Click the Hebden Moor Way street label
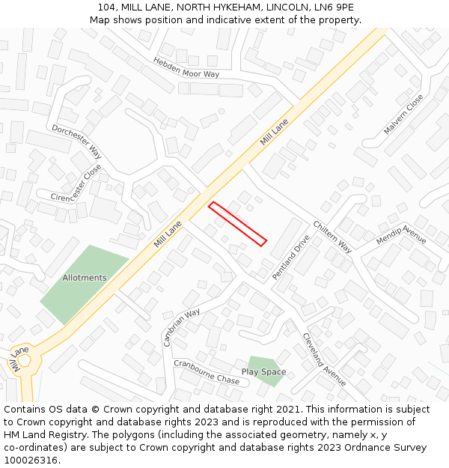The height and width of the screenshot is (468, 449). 186,67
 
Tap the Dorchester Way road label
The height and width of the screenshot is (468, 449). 77,141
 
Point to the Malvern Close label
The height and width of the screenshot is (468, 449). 403,114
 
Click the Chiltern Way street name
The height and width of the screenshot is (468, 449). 332,237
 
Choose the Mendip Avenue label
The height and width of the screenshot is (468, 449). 401,234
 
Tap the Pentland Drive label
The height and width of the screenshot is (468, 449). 291,258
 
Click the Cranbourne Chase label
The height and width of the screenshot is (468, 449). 207,371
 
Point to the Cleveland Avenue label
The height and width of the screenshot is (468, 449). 324,359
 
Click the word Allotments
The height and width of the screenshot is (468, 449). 85,278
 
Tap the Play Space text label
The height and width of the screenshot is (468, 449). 263,372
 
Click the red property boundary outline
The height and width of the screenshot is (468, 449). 237,223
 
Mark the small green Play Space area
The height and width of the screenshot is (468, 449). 258,362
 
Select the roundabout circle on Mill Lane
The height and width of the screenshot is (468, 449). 23,360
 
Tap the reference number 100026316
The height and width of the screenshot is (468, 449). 31,460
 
